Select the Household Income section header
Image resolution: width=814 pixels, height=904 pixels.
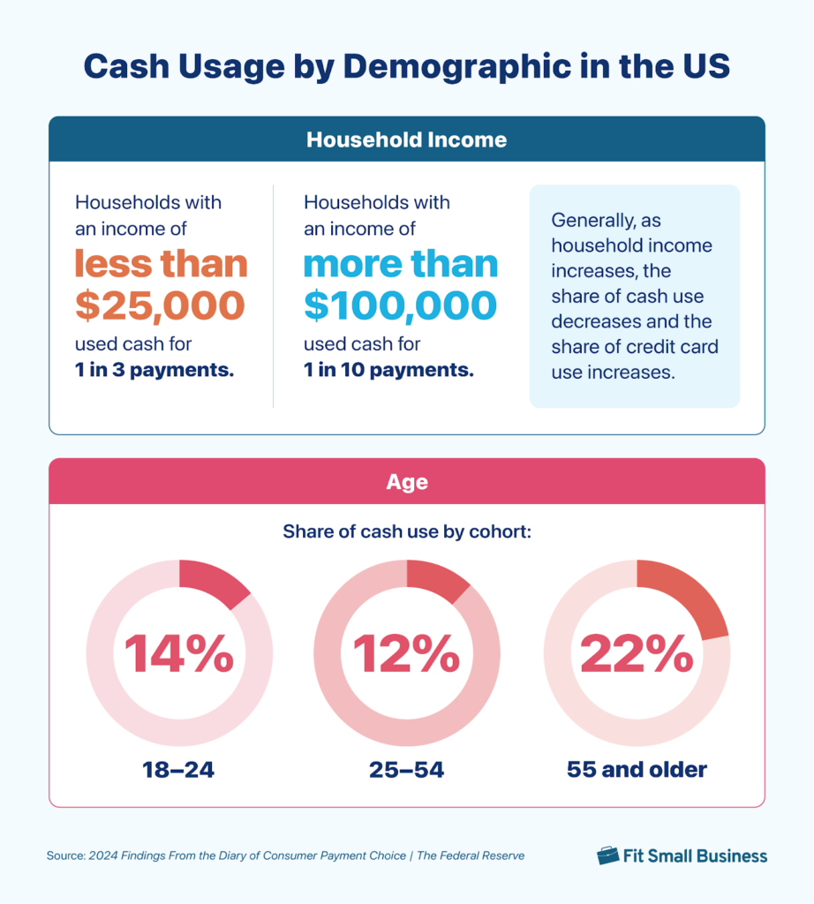407,139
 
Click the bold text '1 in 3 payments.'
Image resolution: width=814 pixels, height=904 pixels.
155,370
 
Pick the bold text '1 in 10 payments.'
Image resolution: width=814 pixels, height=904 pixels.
388,370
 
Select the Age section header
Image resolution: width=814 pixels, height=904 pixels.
407,482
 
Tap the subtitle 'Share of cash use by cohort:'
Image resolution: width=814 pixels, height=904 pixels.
407,532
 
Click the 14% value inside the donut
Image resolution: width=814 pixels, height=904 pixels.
179,654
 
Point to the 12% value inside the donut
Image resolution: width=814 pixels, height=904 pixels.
407,654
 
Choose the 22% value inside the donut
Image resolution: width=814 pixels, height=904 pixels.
637,654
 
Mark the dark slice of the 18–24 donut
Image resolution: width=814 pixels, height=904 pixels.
217,584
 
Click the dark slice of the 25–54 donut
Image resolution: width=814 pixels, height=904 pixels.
439,580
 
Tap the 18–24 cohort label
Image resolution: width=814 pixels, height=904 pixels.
179,770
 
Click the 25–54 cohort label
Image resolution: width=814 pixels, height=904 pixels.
407,770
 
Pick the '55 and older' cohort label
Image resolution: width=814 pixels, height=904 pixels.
637,770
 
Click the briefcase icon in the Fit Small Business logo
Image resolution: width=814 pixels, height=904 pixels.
607,855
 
